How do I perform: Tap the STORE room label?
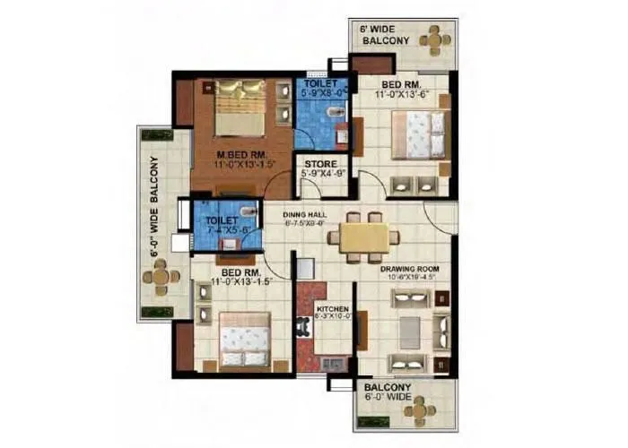[x=320, y=164]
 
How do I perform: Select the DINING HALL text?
[x=303, y=214]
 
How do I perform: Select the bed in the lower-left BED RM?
[x=244, y=339]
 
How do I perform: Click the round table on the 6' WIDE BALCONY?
[x=434, y=39]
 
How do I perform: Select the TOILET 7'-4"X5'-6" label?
[x=221, y=224]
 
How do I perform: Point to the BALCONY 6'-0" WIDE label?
[x=388, y=395]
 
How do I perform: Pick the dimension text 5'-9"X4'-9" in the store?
[x=320, y=175]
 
